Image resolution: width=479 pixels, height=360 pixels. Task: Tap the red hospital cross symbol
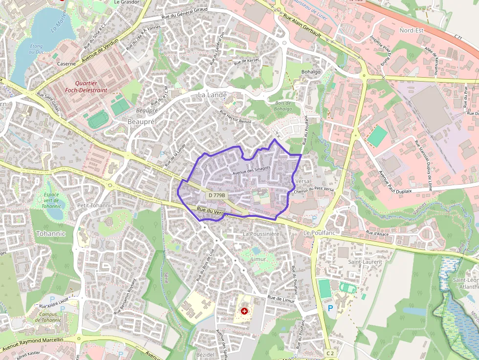point(244,311)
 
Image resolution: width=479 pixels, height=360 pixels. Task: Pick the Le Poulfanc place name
point(320,233)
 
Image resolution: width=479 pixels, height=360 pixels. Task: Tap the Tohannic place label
point(50,233)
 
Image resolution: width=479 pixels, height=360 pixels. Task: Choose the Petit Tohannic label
point(95,206)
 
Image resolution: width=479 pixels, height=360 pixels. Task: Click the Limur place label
point(258,258)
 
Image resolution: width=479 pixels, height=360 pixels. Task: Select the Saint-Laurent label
point(365,262)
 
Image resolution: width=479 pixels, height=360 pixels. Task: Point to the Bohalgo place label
point(311,72)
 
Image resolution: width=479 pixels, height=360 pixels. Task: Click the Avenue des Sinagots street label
point(251,169)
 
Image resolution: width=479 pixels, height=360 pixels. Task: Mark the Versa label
point(303,181)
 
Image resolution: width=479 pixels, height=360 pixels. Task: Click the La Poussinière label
point(261,234)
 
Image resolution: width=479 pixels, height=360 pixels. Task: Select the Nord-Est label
point(411,30)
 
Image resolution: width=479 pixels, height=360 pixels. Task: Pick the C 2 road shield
point(331,353)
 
